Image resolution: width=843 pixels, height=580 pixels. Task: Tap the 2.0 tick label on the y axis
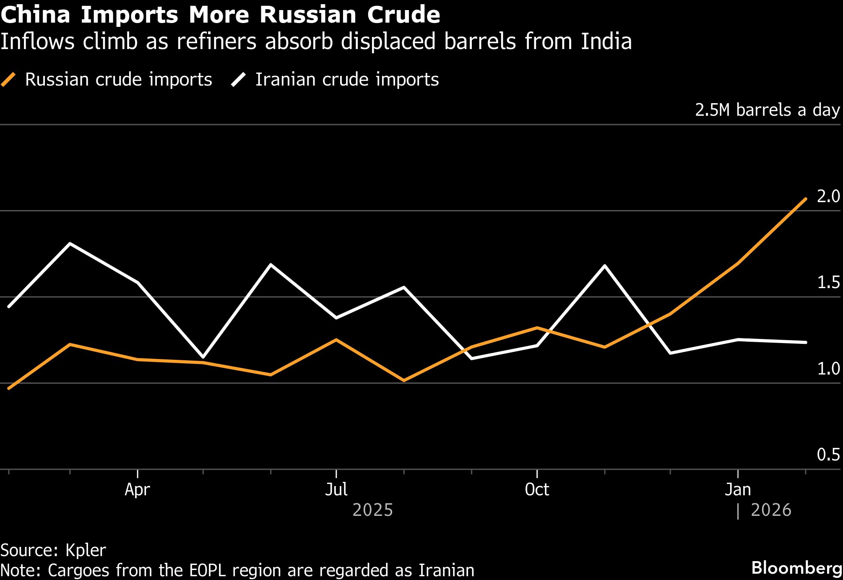tap(828, 196)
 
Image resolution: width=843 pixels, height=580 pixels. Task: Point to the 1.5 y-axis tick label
tap(828, 283)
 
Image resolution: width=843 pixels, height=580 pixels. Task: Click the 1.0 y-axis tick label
tap(828, 369)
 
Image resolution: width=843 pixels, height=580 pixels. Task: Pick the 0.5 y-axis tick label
tap(828, 455)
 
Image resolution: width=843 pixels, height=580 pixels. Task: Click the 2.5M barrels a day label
tap(767, 110)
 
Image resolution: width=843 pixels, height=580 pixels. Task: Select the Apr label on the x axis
tap(137, 489)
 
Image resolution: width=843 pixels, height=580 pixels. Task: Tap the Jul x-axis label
tap(336, 489)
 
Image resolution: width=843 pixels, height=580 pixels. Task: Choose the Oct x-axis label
tap(537, 489)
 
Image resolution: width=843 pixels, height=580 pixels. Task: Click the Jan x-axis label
tap(738, 489)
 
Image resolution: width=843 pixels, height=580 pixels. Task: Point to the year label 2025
tap(372, 510)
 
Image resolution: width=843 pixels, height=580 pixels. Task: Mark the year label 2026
tap(771, 510)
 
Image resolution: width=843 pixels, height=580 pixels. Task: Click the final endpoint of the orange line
tap(806, 198)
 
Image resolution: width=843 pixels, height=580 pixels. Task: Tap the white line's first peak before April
tap(70, 243)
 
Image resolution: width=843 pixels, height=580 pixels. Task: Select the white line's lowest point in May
tap(203, 357)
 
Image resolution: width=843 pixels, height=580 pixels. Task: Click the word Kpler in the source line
tap(86, 550)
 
